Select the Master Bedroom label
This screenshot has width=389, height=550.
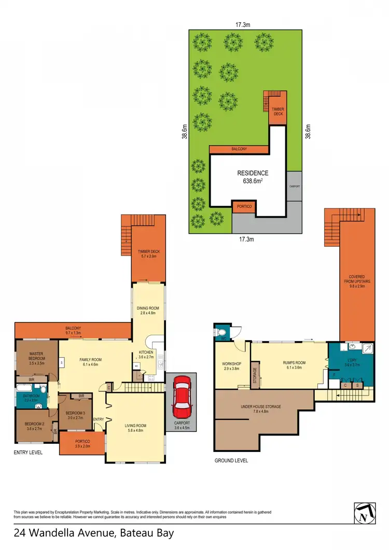coord(36,358)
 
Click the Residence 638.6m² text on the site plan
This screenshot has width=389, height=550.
coord(253,177)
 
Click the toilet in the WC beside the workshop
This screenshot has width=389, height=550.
coord(221,332)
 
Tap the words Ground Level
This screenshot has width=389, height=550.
coord(231,460)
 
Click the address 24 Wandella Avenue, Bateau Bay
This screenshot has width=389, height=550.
coord(93,533)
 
